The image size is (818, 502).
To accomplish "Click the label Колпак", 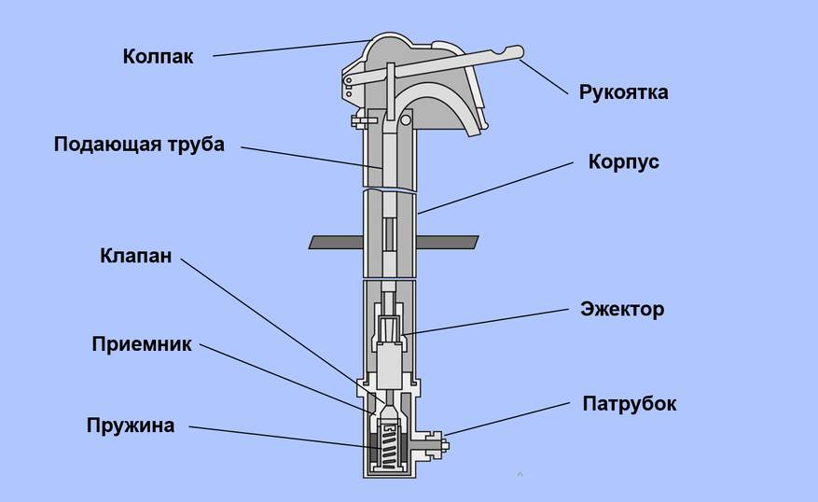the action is [158, 56].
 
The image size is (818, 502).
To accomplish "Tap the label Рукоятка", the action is [623, 92].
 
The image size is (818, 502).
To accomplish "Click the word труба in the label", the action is [196, 145].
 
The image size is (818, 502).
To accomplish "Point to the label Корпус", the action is [623, 161].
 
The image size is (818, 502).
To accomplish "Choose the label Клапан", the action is [135, 256].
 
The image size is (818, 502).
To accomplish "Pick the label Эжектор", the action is [622, 309].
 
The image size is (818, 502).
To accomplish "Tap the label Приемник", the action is [142, 344].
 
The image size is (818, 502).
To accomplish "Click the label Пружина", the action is [131, 425].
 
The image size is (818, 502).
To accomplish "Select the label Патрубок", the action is [630, 404].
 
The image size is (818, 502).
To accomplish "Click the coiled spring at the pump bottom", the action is [387, 446].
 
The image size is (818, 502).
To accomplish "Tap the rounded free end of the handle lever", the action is [517, 52].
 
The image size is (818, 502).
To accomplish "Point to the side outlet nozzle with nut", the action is [433, 445].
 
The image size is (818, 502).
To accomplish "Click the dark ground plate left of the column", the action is [337, 242].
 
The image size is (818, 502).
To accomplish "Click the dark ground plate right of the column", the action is [448, 242].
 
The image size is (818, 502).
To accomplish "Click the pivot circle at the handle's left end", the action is [348, 80].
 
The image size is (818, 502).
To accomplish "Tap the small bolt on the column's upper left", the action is [363, 121].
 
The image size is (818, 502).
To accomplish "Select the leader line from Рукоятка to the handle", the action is [544, 77].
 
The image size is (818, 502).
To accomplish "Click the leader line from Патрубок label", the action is [507, 419].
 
